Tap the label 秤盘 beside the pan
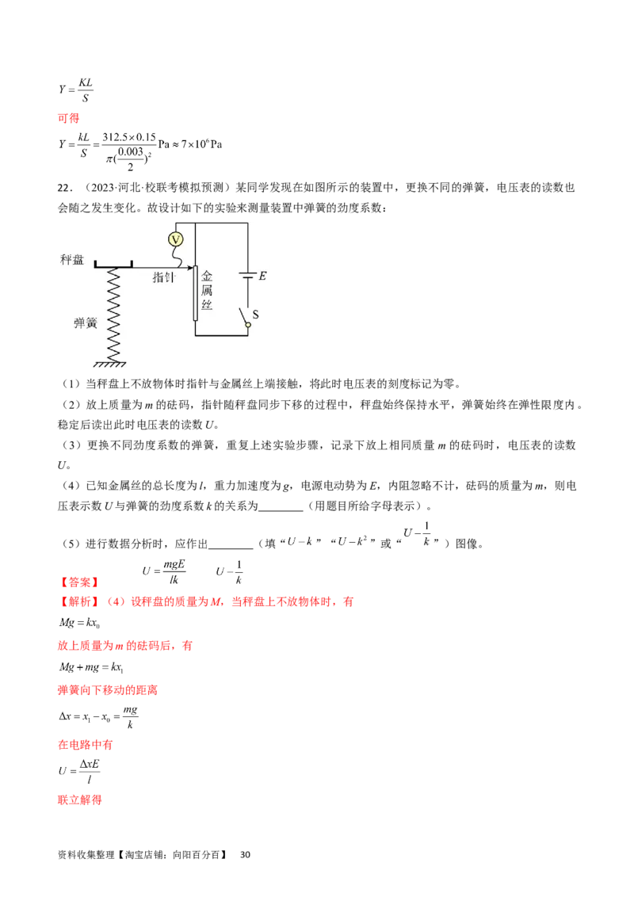click(x=71, y=260)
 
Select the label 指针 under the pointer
click(x=164, y=278)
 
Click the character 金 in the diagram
click(x=208, y=277)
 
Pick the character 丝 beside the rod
click(x=208, y=306)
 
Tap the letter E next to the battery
click(x=263, y=276)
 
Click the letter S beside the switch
click(x=255, y=314)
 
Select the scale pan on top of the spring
click(x=113, y=265)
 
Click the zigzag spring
click(x=113, y=314)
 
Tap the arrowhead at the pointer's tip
click(x=192, y=268)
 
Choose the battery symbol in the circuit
click(x=247, y=277)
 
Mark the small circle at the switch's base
click(x=247, y=325)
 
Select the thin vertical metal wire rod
click(x=196, y=293)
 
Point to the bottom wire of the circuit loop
click(x=221, y=335)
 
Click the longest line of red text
click(x=206, y=602)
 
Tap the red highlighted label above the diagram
click(x=69, y=118)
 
